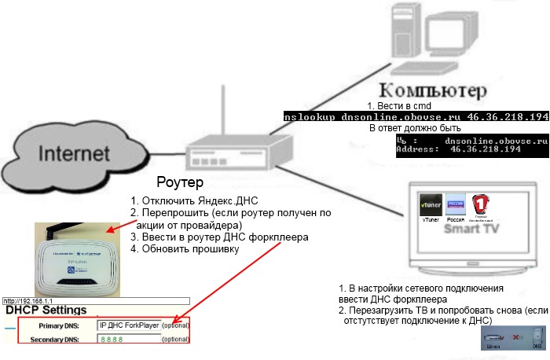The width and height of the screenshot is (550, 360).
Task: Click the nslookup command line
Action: (416, 116)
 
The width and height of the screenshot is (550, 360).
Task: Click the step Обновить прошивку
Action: (185, 249)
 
